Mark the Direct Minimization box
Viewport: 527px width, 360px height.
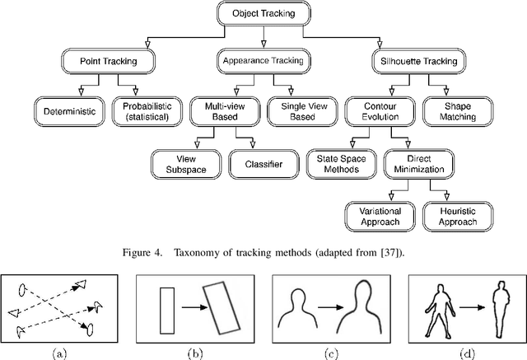tap(419, 163)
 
